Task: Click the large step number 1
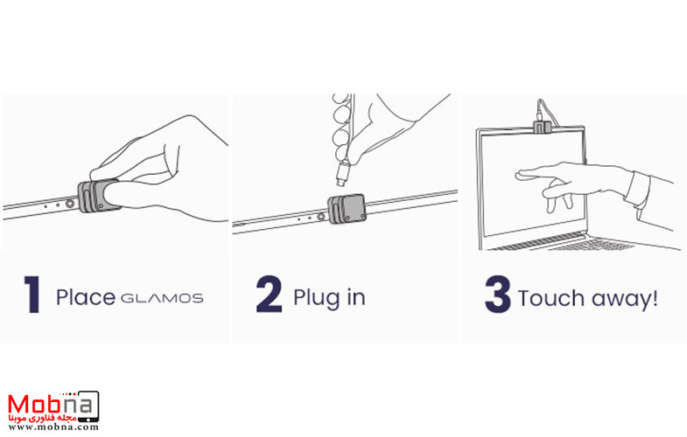pos(33,294)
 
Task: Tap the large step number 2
pos(269,294)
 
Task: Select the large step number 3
pos(498,294)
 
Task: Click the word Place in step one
pos(86,297)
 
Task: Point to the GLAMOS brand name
pos(162,299)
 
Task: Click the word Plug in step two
pos(317,298)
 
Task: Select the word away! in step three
pos(624,299)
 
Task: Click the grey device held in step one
pos(97,196)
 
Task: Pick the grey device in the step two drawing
pos(347,209)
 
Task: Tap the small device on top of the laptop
pos(542,128)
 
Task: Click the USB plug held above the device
pos(342,173)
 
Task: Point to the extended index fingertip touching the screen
pos(520,175)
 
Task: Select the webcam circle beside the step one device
pos(70,204)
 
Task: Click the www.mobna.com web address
pos(53,427)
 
